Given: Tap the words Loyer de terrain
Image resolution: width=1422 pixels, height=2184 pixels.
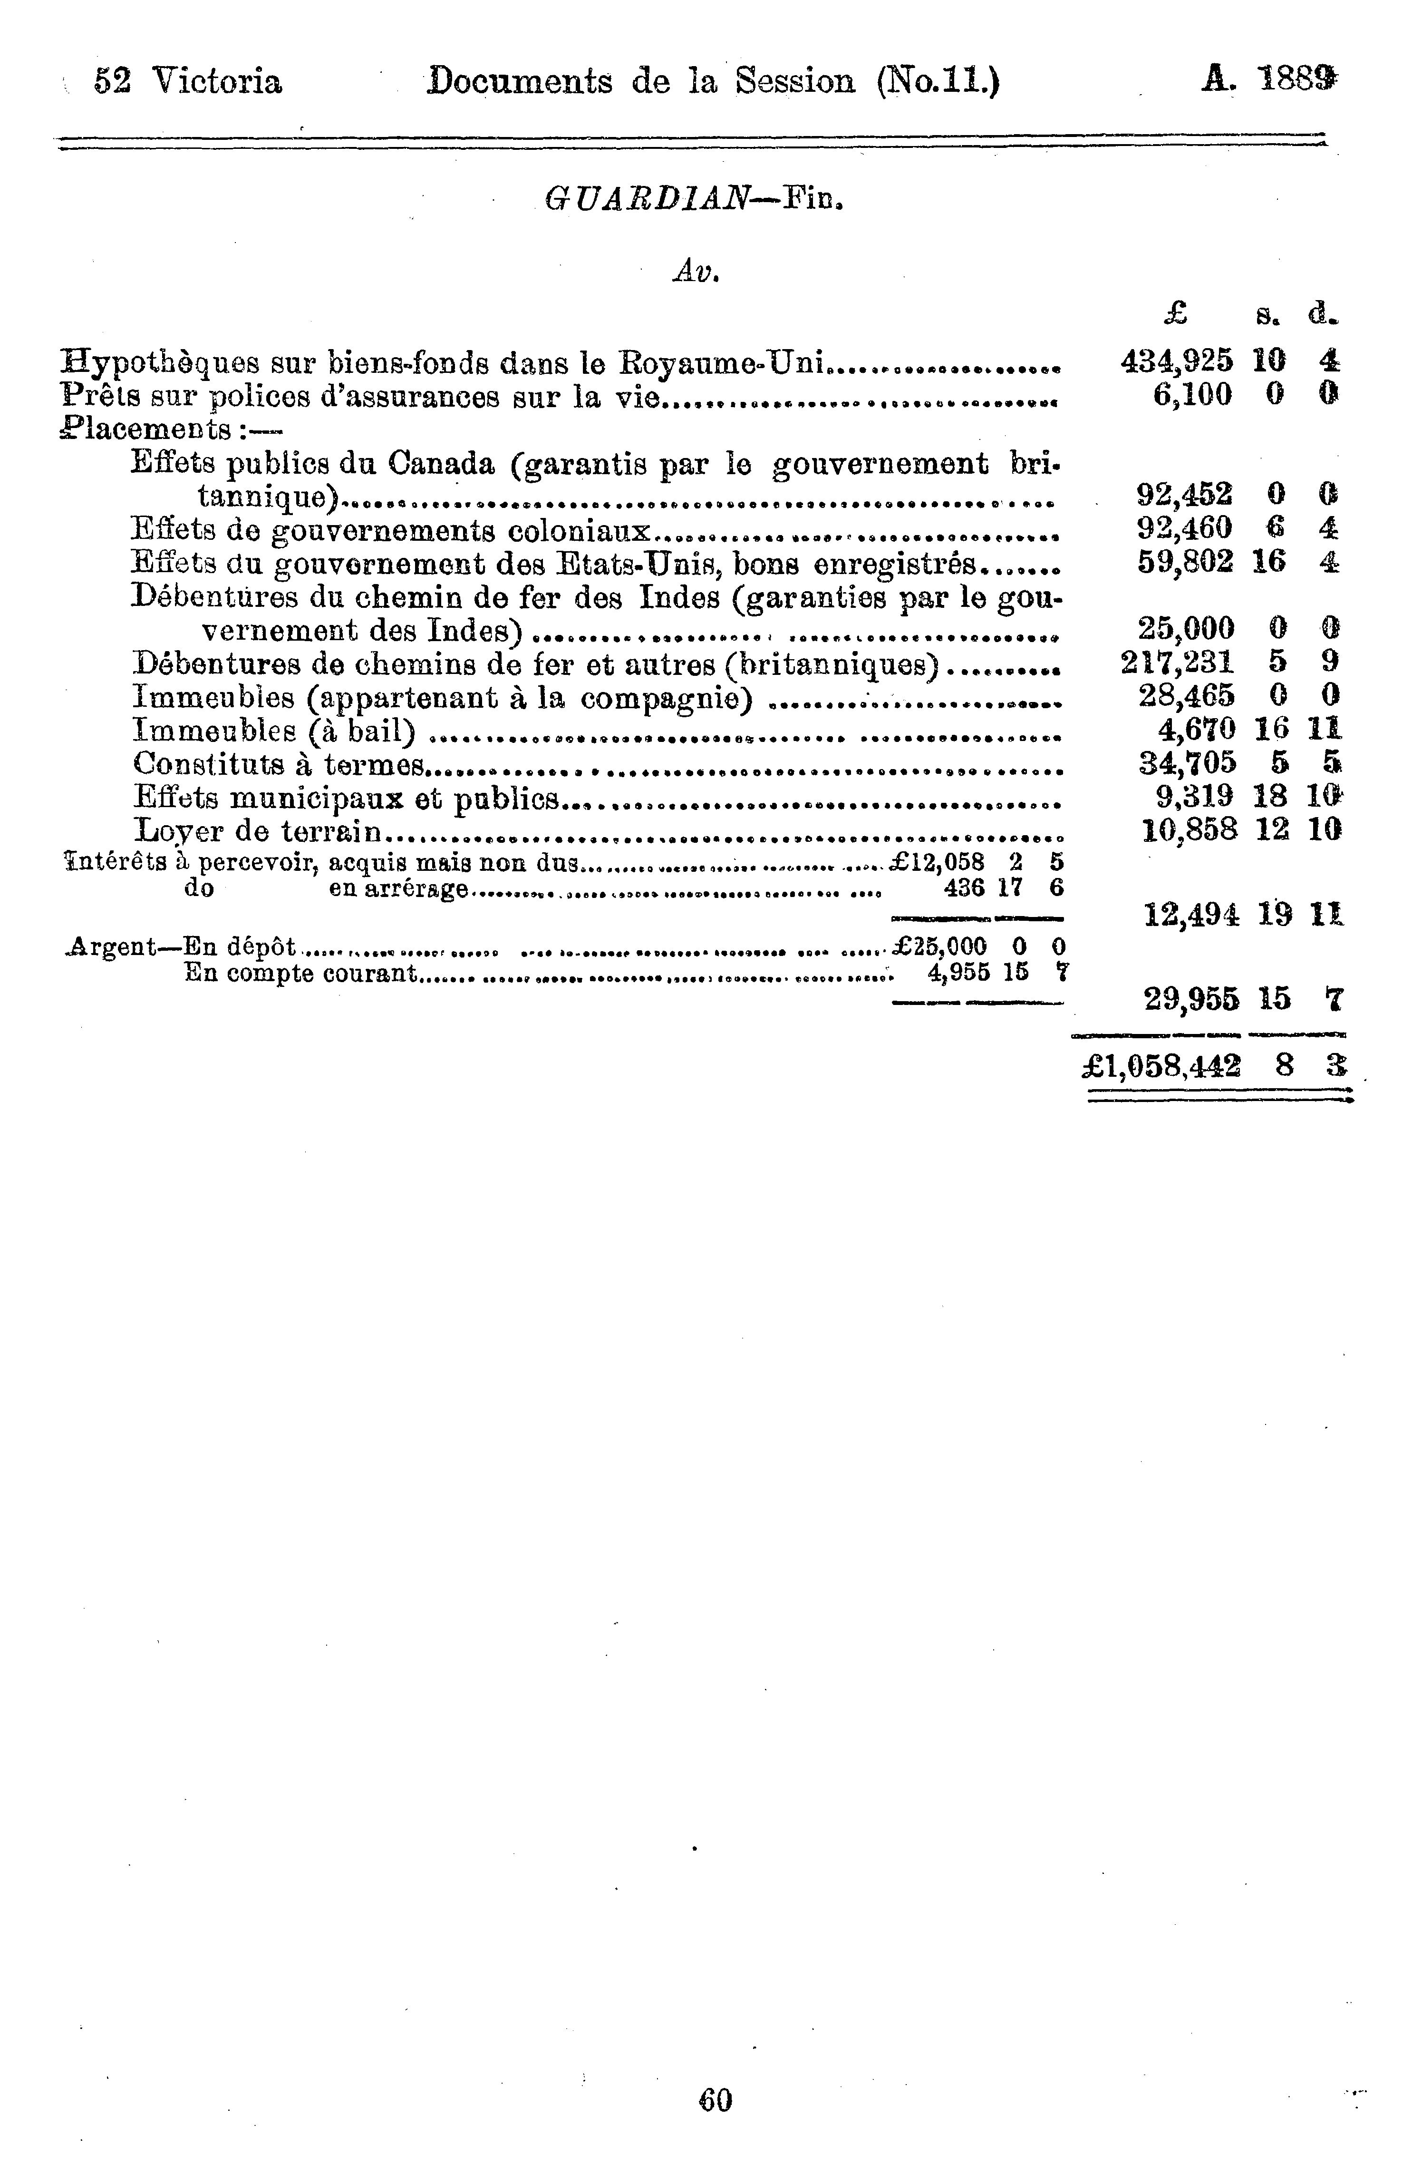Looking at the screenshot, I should pos(257,831).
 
